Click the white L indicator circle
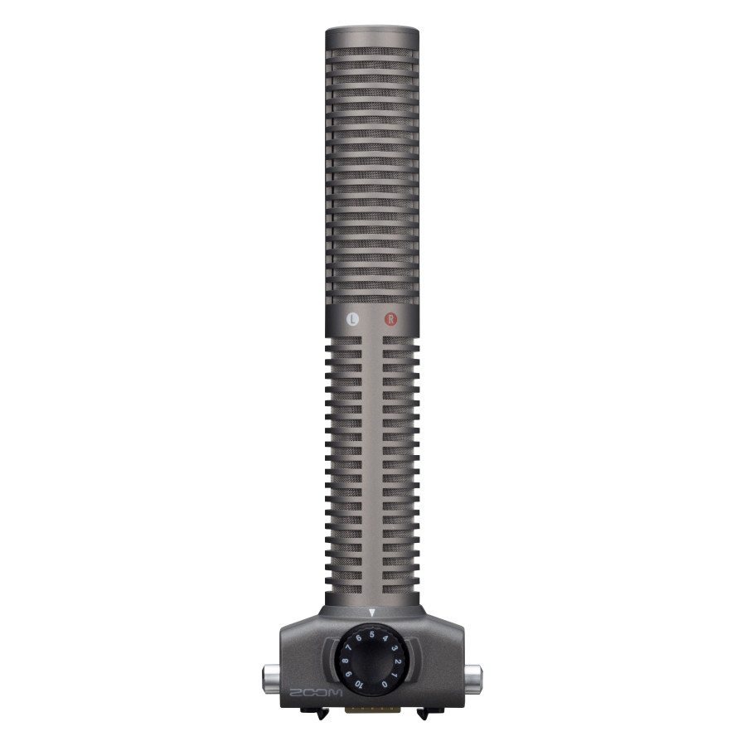click(x=352, y=319)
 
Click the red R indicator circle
click(x=390, y=319)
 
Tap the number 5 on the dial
click(x=372, y=635)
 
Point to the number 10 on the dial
click(x=359, y=685)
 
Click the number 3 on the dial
click(x=395, y=648)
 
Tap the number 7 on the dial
click(x=349, y=648)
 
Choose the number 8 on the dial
click(x=345, y=661)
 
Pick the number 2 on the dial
click(x=398, y=661)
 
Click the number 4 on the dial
click(x=385, y=638)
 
